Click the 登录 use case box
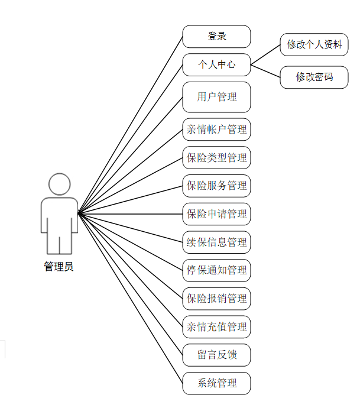[x=216, y=36]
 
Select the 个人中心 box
[x=216, y=64]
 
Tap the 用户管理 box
[x=216, y=97]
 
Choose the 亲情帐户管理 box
[x=216, y=129]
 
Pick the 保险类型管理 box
[x=216, y=157]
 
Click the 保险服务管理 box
[x=216, y=186]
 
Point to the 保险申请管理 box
[x=216, y=213]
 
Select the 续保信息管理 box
[x=216, y=242]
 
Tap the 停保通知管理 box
[x=216, y=270]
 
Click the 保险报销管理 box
[x=216, y=299]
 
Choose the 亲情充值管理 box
[x=216, y=326]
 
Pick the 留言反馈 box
[x=216, y=355]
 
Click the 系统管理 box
[x=216, y=383]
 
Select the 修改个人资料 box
[x=314, y=44]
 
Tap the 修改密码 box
[x=314, y=77]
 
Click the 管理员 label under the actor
[x=59, y=267]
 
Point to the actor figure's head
[x=59, y=184]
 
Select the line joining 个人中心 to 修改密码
[x=265, y=70]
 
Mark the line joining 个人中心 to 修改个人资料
[x=265, y=55]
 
